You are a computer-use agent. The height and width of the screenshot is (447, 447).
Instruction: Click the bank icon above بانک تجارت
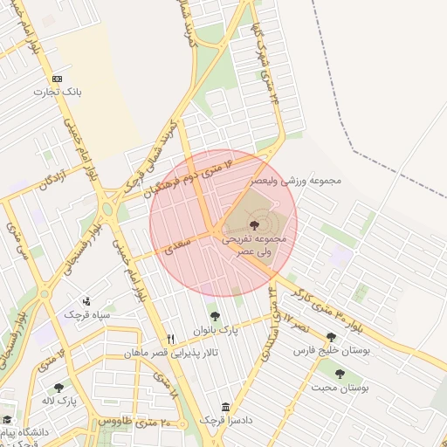point(57,79)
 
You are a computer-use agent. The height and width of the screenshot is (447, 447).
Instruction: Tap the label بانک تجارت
point(57,91)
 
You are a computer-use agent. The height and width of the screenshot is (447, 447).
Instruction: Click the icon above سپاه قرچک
point(86,301)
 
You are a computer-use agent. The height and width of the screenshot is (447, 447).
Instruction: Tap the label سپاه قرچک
point(85,313)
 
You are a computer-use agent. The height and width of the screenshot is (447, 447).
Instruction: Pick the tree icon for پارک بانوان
point(215,316)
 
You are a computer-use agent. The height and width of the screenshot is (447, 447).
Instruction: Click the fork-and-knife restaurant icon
point(171,340)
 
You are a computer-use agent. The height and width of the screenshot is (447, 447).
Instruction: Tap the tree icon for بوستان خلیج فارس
point(331,337)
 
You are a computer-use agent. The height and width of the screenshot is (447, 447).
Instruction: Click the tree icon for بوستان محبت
point(340,374)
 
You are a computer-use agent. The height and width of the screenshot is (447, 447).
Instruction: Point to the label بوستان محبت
point(340,386)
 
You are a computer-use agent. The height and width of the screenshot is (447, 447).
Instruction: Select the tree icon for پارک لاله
point(58,388)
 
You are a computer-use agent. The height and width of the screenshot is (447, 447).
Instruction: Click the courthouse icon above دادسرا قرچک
point(226,408)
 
